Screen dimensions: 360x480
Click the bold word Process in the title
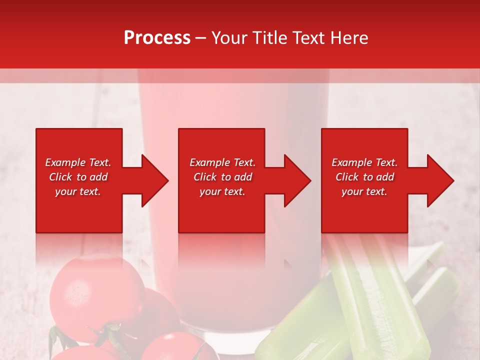[x=157, y=37]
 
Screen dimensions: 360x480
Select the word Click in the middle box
[x=204, y=177]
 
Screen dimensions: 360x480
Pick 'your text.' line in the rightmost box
[x=364, y=191]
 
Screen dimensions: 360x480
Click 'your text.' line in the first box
[x=78, y=191]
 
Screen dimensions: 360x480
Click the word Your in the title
[x=230, y=37]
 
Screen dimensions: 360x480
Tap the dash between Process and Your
[x=201, y=38]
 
